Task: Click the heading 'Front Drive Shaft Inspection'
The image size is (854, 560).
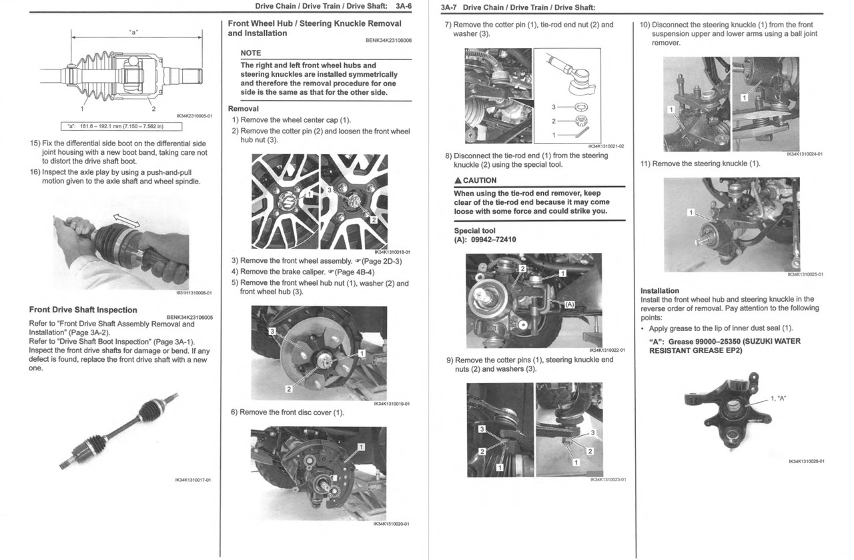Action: coord(83,310)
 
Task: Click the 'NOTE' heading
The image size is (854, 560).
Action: coord(251,53)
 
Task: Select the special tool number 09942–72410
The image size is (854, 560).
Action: coord(493,240)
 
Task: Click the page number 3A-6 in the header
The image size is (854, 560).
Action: coord(403,6)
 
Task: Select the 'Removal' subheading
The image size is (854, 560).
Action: coord(244,109)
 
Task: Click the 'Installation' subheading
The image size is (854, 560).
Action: coord(659,291)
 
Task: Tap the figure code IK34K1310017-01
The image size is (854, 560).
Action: coord(193,479)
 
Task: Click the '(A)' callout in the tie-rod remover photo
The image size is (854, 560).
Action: coord(569,304)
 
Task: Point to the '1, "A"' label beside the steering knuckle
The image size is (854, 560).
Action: coord(778,398)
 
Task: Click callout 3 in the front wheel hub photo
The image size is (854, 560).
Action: coord(272,332)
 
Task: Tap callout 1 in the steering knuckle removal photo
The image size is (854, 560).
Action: coord(691,212)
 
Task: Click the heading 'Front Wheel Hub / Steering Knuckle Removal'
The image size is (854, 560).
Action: coord(314,23)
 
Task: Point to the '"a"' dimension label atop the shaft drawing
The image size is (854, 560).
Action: coord(133,32)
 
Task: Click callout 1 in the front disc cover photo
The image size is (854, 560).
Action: coord(361,446)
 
